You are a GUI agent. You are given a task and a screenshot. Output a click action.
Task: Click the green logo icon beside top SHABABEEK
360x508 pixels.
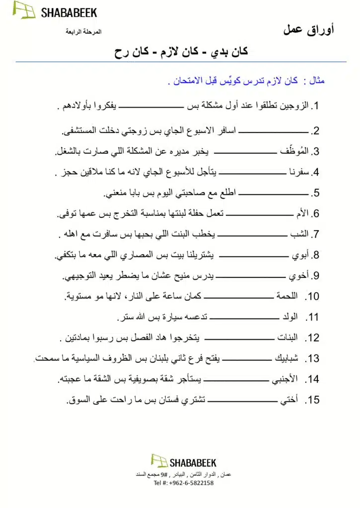24,10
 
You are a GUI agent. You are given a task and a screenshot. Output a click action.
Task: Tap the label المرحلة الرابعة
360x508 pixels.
83,32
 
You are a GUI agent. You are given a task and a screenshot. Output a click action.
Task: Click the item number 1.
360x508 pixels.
314,106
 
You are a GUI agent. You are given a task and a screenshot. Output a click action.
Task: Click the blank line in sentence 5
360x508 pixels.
275,193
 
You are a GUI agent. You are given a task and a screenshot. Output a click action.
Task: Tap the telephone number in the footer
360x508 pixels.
184,483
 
